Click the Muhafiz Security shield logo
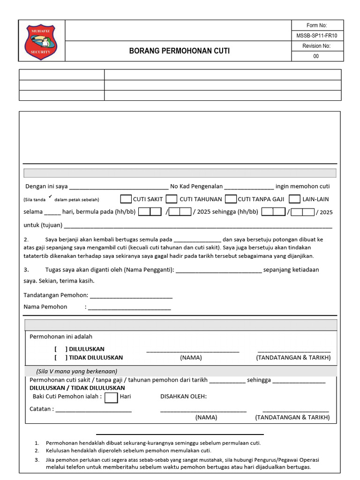[40, 42]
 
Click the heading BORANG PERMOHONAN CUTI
[180, 51]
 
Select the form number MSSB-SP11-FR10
[317, 36]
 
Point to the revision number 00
[316, 56]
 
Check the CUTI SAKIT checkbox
[126, 199]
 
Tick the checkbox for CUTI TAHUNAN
[172, 199]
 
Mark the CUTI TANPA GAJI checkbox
[230, 199]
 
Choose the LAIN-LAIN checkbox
[294, 199]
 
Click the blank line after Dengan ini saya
[118, 187]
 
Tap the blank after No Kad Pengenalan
[248, 187]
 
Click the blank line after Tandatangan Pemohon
[131, 296]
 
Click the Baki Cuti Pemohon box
[111, 397]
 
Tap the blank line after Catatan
[93, 410]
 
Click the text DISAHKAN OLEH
[183, 397]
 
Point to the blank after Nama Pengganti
[218, 270]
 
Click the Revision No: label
[317, 46]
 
